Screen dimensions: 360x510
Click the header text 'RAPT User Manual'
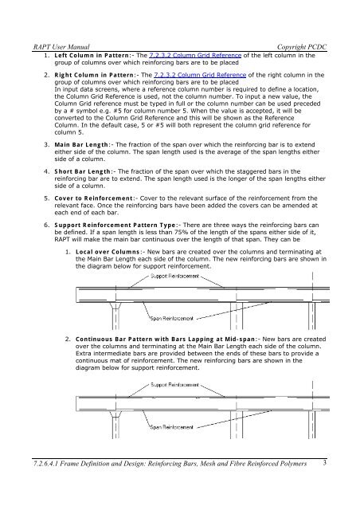point(61,47)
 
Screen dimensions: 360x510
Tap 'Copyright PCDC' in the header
point(302,47)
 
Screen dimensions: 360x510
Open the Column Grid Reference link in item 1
point(195,55)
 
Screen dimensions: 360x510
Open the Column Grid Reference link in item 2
point(200,75)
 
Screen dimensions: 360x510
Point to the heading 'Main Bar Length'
point(81,145)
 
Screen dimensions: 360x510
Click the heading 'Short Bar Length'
point(83,171)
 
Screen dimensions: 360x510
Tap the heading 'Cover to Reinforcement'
point(94,198)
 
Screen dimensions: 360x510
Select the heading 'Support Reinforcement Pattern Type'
point(115,225)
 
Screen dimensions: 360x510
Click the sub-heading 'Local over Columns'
point(108,252)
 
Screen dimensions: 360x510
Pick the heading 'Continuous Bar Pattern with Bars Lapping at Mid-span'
point(166,339)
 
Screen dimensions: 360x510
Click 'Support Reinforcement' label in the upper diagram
point(174,277)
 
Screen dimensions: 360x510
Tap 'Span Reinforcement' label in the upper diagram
point(172,319)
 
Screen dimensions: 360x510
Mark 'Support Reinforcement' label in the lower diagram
point(174,385)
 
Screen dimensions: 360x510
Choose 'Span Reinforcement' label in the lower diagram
point(172,427)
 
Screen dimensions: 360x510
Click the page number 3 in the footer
point(324,463)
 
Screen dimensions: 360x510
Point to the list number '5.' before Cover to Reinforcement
point(47,198)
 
